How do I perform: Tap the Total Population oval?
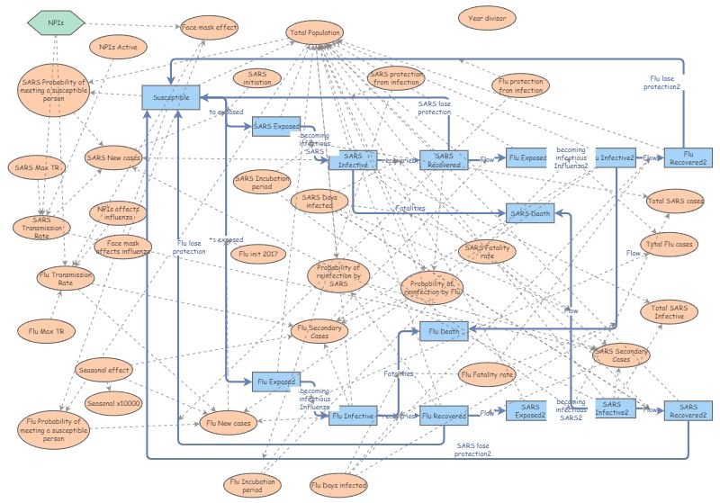(315, 34)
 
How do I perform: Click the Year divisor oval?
(486, 17)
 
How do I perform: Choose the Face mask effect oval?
(210, 28)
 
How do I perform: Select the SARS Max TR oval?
(35, 167)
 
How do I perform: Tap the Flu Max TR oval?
(47, 332)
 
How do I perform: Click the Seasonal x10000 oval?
(113, 404)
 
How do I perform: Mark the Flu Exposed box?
(275, 382)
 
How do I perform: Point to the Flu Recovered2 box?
(688, 158)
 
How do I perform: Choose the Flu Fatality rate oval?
(487, 373)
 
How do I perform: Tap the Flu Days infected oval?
(338, 486)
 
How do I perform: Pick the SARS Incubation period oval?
(262, 184)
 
